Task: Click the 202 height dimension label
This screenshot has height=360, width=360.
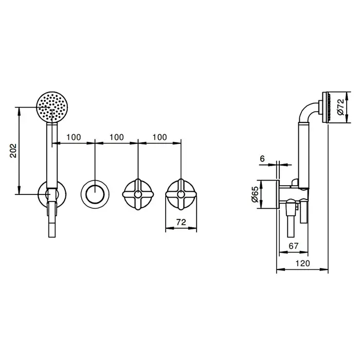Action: click(x=13, y=151)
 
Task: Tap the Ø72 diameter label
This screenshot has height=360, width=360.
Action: click(x=340, y=107)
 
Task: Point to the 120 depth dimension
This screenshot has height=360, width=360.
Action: click(x=302, y=263)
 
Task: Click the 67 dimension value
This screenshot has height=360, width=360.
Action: click(x=294, y=246)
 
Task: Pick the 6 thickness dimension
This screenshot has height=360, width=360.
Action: click(x=262, y=158)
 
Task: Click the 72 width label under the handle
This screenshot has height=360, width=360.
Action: click(x=181, y=222)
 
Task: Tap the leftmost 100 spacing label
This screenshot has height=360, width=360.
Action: click(x=74, y=137)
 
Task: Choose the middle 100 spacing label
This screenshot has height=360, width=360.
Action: click(x=117, y=137)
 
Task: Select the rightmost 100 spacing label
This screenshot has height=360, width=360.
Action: click(x=159, y=137)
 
